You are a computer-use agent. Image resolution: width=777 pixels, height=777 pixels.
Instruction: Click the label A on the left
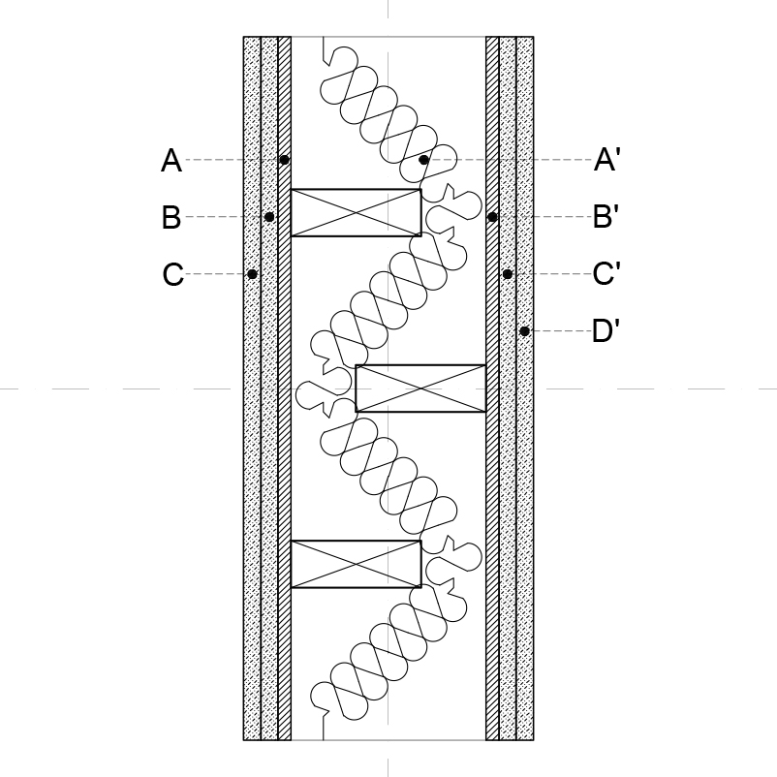[x=171, y=160]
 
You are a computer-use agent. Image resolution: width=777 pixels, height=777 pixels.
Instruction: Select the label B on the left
[x=171, y=217]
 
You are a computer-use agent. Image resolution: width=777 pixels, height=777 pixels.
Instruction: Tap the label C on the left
[x=173, y=274]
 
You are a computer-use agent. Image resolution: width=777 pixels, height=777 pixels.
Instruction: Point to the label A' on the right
[x=606, y=160]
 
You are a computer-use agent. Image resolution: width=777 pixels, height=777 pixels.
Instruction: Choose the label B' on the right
[x=606, y=217]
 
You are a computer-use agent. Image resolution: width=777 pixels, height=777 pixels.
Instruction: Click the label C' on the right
[x=606, y=273]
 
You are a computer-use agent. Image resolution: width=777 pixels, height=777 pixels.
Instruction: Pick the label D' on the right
[x=606, y=330]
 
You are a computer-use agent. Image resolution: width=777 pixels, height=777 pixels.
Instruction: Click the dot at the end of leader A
[x=284, y=160]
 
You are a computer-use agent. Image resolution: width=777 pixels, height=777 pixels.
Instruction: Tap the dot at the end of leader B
[x=269, y=217]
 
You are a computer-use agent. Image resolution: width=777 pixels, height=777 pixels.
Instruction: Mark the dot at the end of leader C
[x=252, y=273]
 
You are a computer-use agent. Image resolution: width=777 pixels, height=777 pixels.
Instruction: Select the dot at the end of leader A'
[x=423, y=160]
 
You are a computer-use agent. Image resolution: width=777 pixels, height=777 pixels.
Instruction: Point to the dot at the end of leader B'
[x=492, y=217]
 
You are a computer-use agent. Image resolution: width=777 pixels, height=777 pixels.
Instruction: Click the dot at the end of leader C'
[x=508, y=273]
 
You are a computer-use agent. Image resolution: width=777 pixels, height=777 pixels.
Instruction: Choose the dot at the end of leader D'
[x=524, y=331]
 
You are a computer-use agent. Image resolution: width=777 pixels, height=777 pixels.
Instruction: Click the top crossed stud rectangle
[x=357, y=212]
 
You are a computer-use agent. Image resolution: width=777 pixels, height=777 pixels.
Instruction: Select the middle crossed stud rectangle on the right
[x=420, y=388]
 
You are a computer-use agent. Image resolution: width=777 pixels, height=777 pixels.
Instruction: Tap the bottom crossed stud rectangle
[x=357, y=564]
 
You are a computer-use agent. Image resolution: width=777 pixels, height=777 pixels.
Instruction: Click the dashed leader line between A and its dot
[x=233, y=160]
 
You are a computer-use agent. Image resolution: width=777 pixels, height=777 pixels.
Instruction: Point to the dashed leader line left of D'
[x=560, y=331]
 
